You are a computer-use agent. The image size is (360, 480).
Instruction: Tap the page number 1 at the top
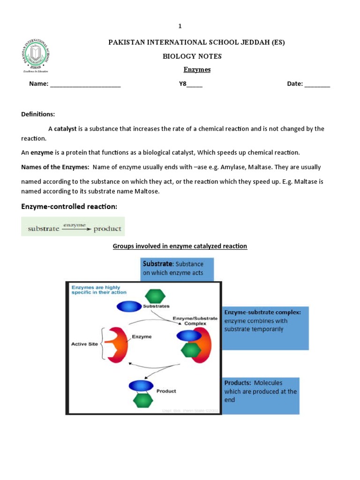tap(180, 26)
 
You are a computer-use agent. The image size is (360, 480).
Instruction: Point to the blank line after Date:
tap(317, 85)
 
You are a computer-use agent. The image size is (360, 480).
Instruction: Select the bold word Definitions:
tap(38, 114)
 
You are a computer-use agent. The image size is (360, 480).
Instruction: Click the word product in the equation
tap(107, 229)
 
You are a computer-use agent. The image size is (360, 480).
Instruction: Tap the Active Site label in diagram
tap(84, 344)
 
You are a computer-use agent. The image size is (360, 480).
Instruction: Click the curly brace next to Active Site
tap(103, 344)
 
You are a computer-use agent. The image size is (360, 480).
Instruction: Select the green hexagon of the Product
tap(143, 400)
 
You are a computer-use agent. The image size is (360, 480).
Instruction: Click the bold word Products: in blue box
tap(238, 383)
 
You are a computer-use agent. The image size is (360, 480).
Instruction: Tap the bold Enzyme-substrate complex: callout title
tap(266, 312)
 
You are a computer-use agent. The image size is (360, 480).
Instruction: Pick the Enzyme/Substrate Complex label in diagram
tap(195, 321)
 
